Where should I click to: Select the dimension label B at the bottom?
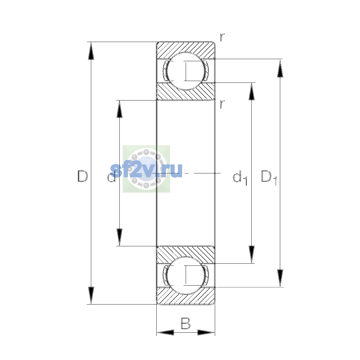[x=185, y=323]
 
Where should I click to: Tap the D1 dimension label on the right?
[x=268, y=178]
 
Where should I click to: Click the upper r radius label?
[x=222, y=37]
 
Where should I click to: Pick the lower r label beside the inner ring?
[x=222, y=104]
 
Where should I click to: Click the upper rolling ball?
[x=185, y=71]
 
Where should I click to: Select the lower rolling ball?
[x=185, y=275]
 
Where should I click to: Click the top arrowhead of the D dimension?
[x=91, y=51]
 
